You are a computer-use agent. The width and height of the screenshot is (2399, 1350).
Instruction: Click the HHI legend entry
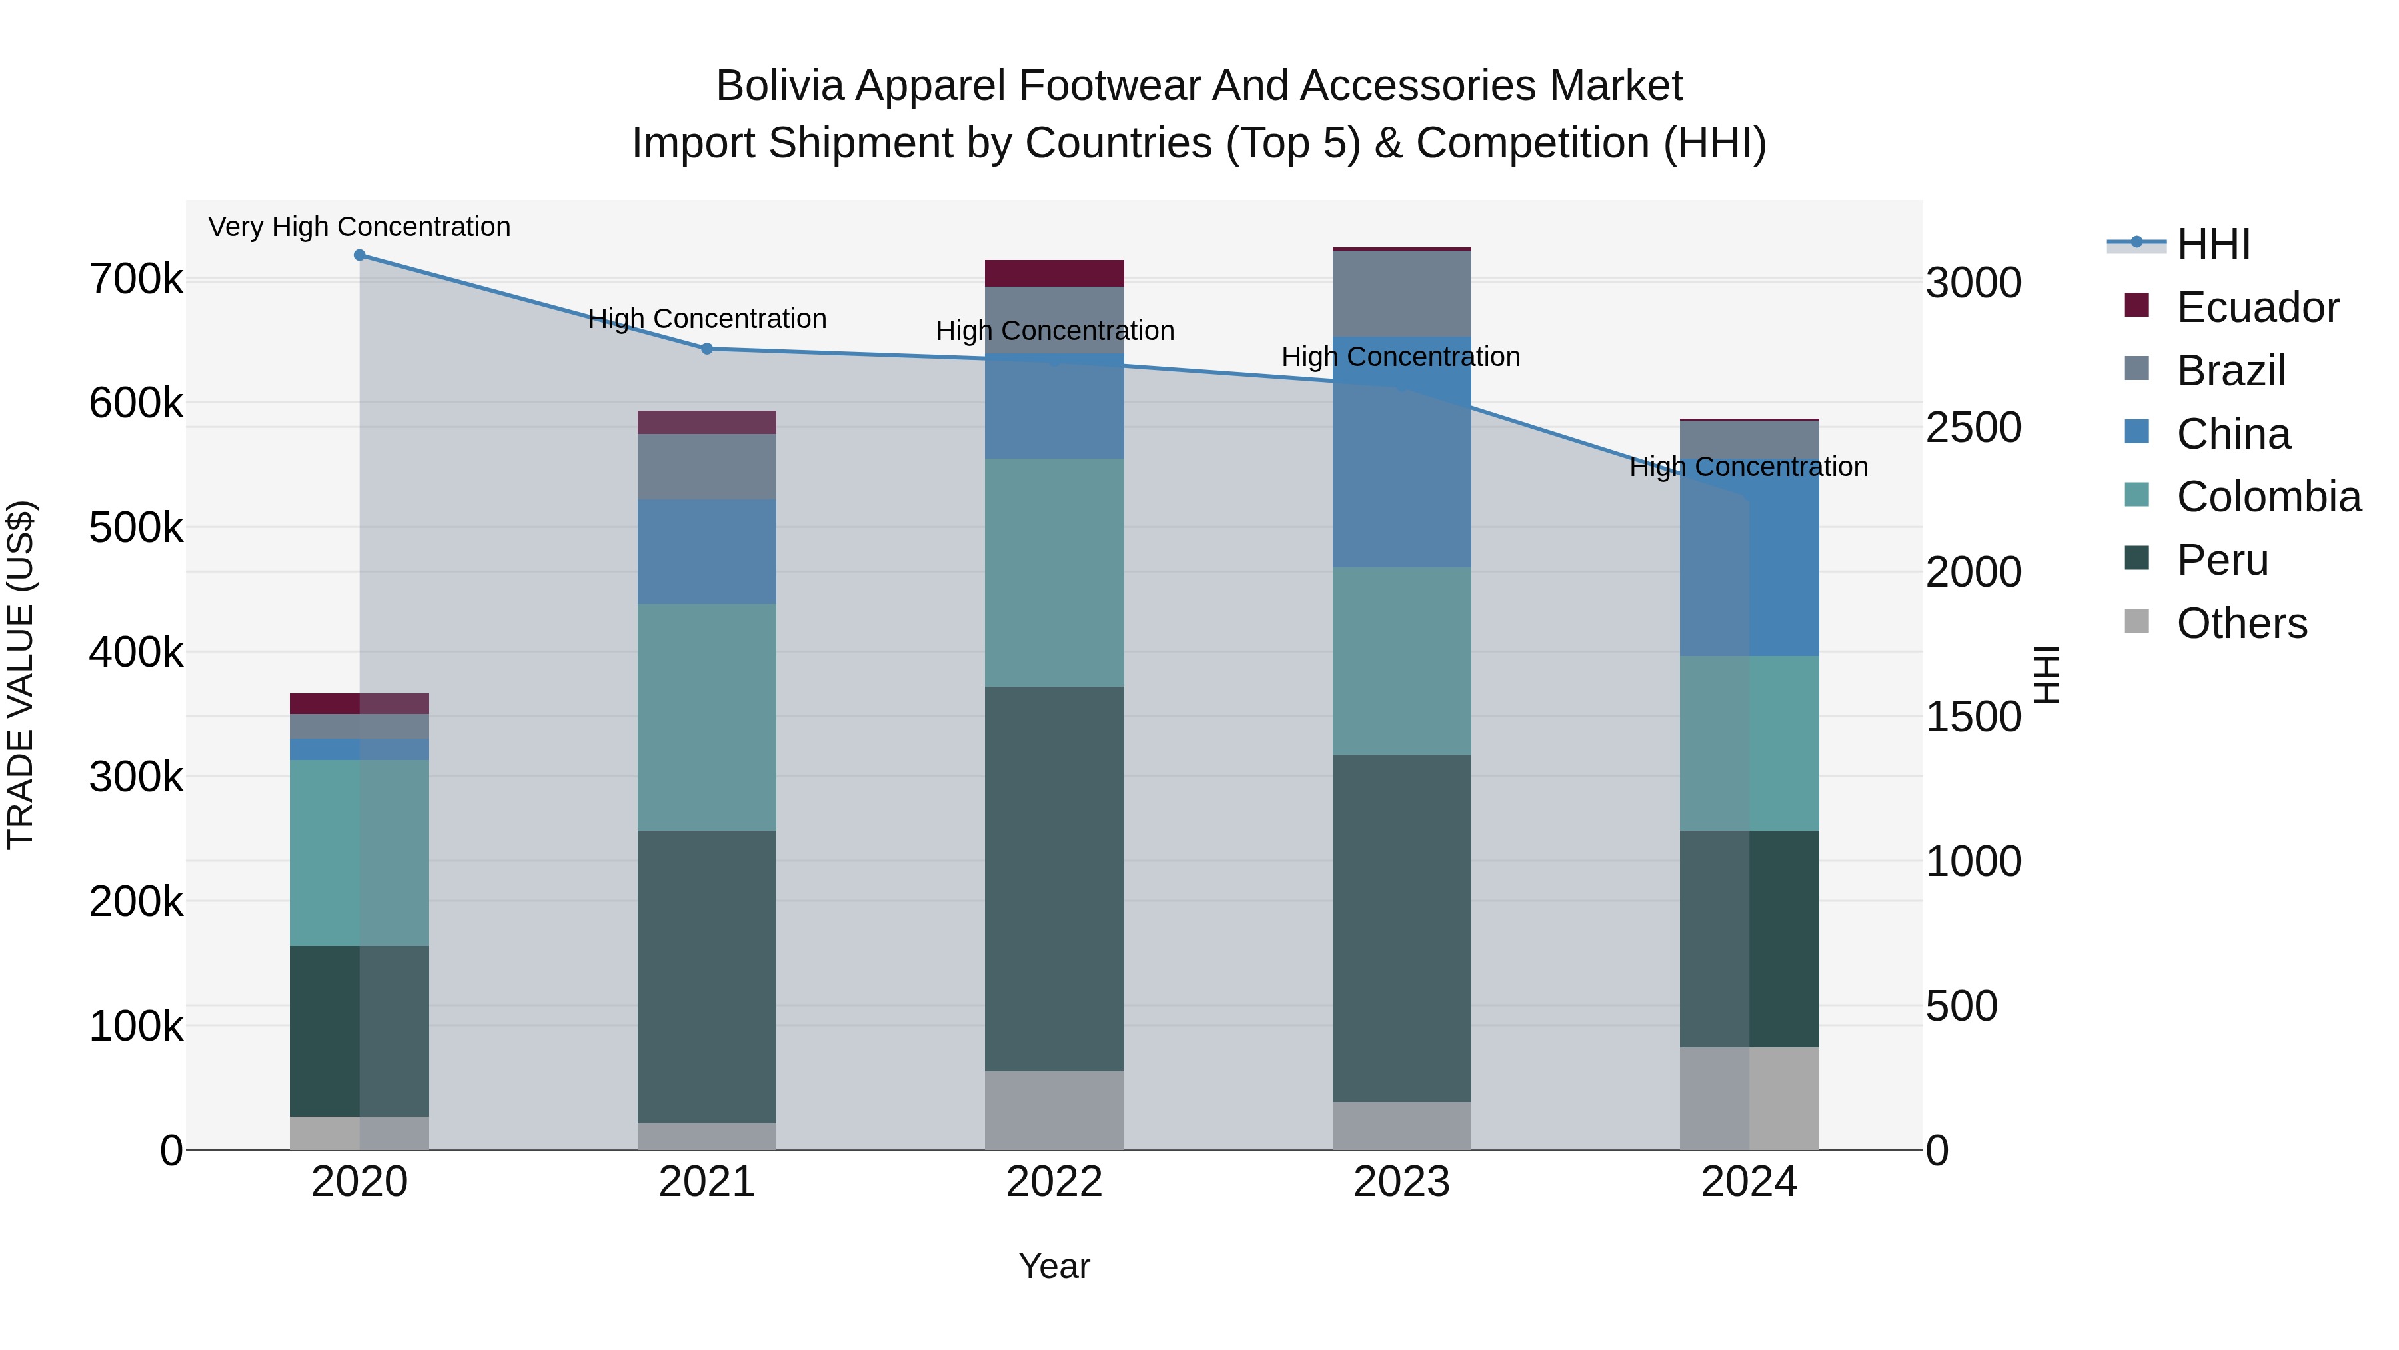point(2212,244)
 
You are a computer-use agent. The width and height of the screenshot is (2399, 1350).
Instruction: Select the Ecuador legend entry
point(2256,307)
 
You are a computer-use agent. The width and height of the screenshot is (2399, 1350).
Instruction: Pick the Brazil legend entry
point(2230,371)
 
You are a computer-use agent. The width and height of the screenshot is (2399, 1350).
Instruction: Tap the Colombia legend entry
point(2268,497)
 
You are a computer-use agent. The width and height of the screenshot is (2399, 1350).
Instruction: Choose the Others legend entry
point(2240,623)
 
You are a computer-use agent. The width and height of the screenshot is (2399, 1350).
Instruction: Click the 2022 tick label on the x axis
point(1054,1182)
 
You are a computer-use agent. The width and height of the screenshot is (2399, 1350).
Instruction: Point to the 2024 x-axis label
point(1749,1182)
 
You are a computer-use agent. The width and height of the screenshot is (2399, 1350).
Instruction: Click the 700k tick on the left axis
point(136,279)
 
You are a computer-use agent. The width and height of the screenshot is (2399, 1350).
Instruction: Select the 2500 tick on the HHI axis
point(1973,427)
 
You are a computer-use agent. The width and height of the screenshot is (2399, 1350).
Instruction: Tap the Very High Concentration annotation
point(359,227)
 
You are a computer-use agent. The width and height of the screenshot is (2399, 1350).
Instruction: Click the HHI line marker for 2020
point(359,255)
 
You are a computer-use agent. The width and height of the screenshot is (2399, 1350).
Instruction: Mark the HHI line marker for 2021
point(707,349)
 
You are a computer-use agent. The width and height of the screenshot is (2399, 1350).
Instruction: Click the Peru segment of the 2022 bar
point(1054,879)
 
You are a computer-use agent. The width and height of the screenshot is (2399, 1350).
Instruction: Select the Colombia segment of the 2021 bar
point(707,717)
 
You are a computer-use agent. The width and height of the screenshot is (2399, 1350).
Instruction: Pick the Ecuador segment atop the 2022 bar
point(1054,273)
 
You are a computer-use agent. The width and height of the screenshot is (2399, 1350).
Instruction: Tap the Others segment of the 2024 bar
point(1749,1099)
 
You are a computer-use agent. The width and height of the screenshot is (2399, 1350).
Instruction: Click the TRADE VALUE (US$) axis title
point(21,675)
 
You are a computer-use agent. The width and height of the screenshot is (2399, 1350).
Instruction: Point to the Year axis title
point(1054,1266)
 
